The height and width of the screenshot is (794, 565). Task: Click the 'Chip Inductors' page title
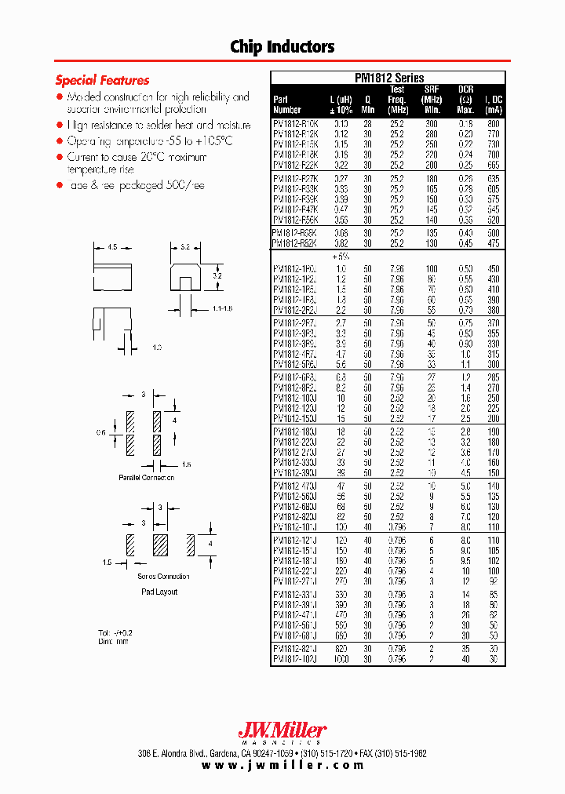pyautogui.click(x=282, y=46)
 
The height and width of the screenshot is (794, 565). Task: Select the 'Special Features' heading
pyautogui.click(x=102, y=80)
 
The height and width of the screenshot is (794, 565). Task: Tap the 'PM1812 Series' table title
pyautogui.click(x=389, y=78)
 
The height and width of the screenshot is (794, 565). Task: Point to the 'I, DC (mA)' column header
pyautogui.click(x=493, y=105)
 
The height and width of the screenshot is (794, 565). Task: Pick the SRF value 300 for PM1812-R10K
pyautogui.click(x=430, y=124)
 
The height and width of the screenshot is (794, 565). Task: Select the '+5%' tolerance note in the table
pyautogui.click(x=341, y=257)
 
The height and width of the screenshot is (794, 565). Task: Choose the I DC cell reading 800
pyautogui.click(x=492, y=124)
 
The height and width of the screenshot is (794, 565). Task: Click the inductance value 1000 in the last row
pyautogui.click(x=341, y=660)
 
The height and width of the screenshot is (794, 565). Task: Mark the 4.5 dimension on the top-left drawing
pyautogui.click(x=113, y=247)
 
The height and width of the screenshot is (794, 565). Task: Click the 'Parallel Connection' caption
pyautogui.click(x=147, y=478)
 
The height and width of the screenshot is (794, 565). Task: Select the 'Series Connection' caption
pyautogui.click(x=163, y=577)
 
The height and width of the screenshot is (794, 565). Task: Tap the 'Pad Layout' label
pyautogui.click(x=159, y=592)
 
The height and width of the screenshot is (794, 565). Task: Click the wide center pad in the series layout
pyautogui.click(x=160, y=544)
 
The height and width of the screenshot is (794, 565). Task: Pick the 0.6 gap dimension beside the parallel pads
pyautogui.click(x=100, y=432)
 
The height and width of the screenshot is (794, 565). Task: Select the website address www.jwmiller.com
pyautogui.click(x=282, y=765)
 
